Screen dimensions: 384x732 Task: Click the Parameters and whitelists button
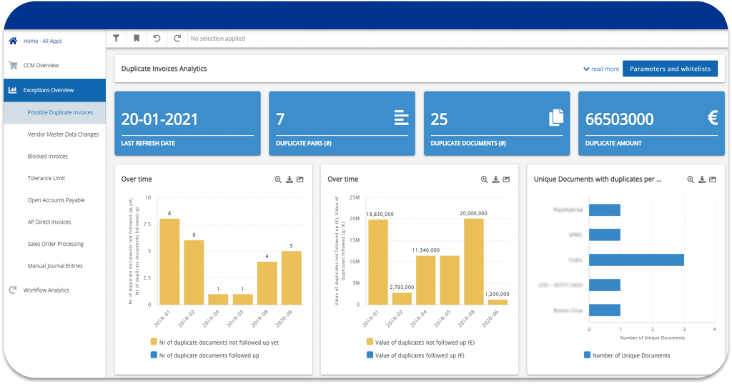670,69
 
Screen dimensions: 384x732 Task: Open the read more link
601,69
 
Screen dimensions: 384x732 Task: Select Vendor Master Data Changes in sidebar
63,134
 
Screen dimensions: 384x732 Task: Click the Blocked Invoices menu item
48,157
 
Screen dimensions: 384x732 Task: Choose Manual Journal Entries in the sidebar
55,266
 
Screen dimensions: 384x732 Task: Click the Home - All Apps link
42,41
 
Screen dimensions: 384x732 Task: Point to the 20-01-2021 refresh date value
159,119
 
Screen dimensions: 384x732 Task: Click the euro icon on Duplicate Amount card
712,118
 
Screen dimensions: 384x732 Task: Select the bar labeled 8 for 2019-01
169,261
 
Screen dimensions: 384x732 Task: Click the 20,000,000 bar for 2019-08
474,261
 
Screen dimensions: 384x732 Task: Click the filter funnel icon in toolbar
117,39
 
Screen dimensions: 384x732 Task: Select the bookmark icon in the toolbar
137,39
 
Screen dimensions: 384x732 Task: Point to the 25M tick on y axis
355,197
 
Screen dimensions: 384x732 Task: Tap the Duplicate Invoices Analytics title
164,69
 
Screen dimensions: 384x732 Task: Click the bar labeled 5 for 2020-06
292,277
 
